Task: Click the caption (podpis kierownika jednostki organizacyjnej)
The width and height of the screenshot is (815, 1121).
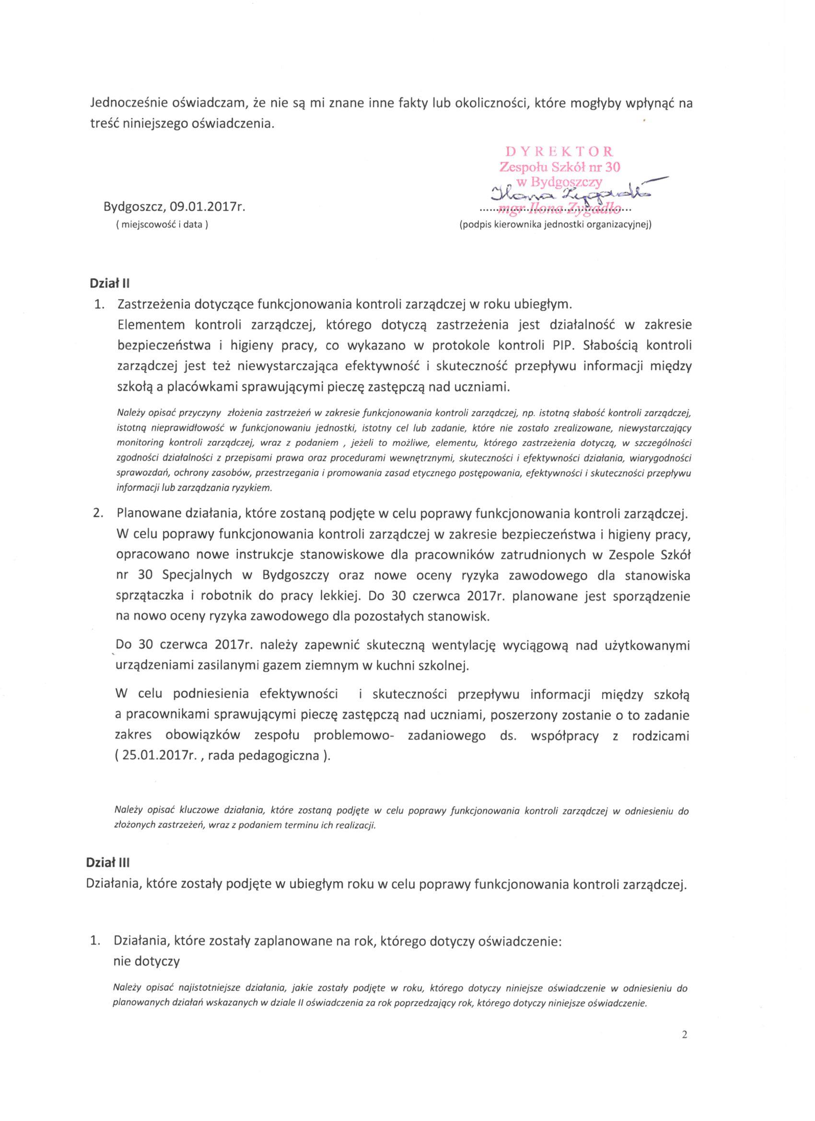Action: pyautogui.click(x=556, y=224)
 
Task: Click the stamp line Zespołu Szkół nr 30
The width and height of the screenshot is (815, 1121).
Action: pyautogui.click(x=559, y=166)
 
